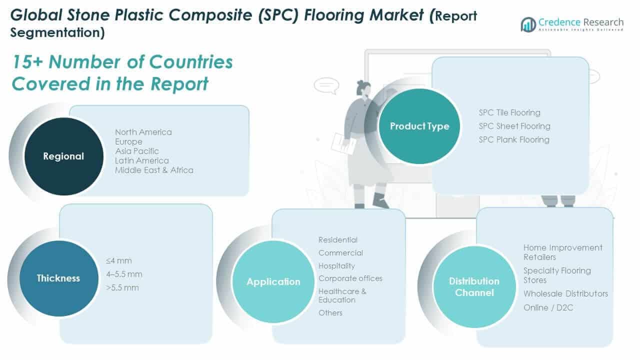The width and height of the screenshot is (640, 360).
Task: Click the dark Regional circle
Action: [63, 156]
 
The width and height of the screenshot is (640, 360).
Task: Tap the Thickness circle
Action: [58, 278]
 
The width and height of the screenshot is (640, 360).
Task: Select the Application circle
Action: [273, 282]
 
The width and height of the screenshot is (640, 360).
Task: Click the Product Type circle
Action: [419, 126]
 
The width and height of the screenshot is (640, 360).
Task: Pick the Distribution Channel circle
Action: [474, 286]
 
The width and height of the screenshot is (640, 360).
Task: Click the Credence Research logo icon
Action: [528, 24]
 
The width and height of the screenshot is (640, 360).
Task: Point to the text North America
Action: [143, 132]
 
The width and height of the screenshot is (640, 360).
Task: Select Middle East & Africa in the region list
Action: [154, 170]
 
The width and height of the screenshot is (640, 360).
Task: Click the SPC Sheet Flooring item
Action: [514, 126]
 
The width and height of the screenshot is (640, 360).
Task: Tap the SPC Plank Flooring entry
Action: [513, 139]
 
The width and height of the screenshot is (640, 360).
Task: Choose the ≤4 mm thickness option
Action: [118, 260]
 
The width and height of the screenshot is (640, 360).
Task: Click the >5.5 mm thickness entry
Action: [122, 287]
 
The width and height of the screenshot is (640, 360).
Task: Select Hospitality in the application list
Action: [336, 266]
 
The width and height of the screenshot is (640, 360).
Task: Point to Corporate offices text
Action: [350, 278]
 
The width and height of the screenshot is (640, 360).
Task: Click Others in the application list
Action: [330, 313]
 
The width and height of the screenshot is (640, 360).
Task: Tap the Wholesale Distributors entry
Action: [565, 293]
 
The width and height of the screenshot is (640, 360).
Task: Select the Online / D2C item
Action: [548, 307]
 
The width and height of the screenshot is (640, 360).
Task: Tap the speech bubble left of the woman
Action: [326, 85]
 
